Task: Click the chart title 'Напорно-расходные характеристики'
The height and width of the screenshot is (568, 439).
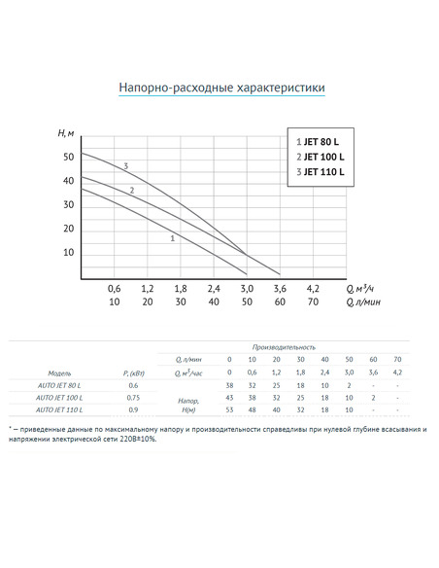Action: (x=221, y=89)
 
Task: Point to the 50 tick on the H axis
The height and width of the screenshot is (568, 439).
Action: (x=68, y=157)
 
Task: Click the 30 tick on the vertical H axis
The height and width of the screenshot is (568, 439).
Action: (x=68, y=204)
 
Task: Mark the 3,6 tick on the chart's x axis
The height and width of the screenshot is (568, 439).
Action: (x=280, y=289)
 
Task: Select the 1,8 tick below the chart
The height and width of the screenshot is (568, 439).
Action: (x=181, y=289)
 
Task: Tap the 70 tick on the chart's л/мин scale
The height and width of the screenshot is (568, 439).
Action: (x=313, y=302)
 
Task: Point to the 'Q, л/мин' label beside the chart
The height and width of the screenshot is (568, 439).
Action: (x=362, y=302)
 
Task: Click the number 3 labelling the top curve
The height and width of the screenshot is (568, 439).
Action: (x=125, y=166)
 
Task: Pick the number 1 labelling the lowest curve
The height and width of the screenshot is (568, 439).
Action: (x=172, y=237)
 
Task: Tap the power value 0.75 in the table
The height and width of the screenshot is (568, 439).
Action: (x=133, y=398)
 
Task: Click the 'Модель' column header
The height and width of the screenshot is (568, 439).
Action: (x=58, y=373)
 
